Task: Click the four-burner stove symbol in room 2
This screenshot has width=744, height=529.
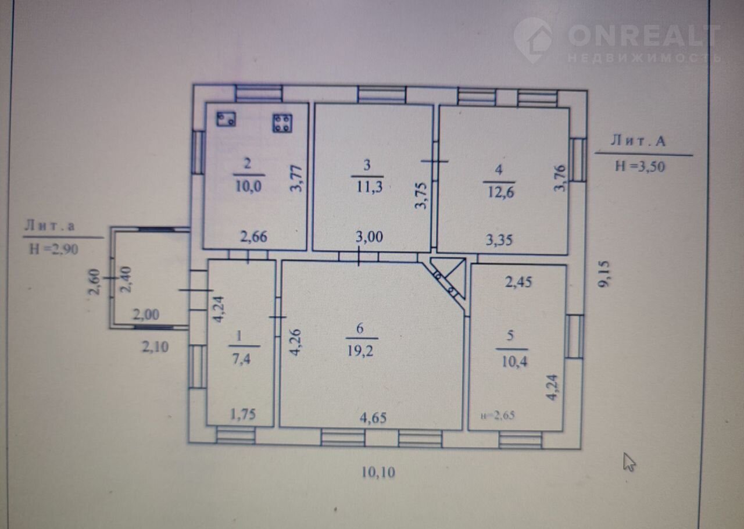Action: coord(282,123)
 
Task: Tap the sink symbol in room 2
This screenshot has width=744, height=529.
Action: coord(226,119)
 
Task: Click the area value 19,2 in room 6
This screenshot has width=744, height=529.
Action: coord(360,351)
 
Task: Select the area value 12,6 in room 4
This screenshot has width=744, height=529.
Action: coord(500,192)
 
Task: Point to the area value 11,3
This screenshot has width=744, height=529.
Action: coord(369,187)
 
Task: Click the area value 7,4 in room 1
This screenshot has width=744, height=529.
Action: coord(241,359)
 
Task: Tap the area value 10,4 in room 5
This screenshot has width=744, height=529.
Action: coord(514,362)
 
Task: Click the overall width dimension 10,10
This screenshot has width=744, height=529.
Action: coord(378,472)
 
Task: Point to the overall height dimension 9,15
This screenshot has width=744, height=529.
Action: coord(604,274)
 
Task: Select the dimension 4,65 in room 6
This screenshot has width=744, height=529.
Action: coord(373,418)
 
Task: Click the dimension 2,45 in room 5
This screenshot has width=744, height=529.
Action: coord(518,282)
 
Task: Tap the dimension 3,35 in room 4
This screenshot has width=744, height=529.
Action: coord(499,240)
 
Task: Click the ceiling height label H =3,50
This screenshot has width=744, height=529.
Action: coord(640,166)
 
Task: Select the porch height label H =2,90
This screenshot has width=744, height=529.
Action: coord(53,249)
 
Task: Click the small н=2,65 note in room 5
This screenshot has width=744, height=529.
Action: coord(498,416)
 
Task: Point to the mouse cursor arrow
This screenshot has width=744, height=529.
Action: coord(629,462)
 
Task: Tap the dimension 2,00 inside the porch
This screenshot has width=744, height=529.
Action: coord(146,314)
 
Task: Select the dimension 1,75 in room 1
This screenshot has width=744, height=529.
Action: coord(243,414)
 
